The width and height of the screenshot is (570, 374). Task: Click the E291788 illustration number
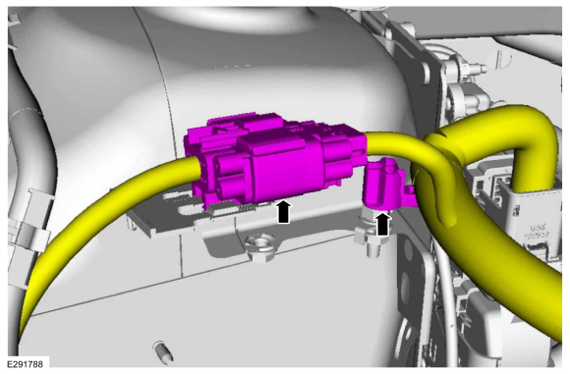click(x=25, y=364)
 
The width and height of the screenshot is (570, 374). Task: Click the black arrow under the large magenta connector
click(x=284, y=212)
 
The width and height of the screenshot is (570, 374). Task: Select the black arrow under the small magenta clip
click(x=382, y=224)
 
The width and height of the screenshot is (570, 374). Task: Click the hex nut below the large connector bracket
click(x=259, y=246)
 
